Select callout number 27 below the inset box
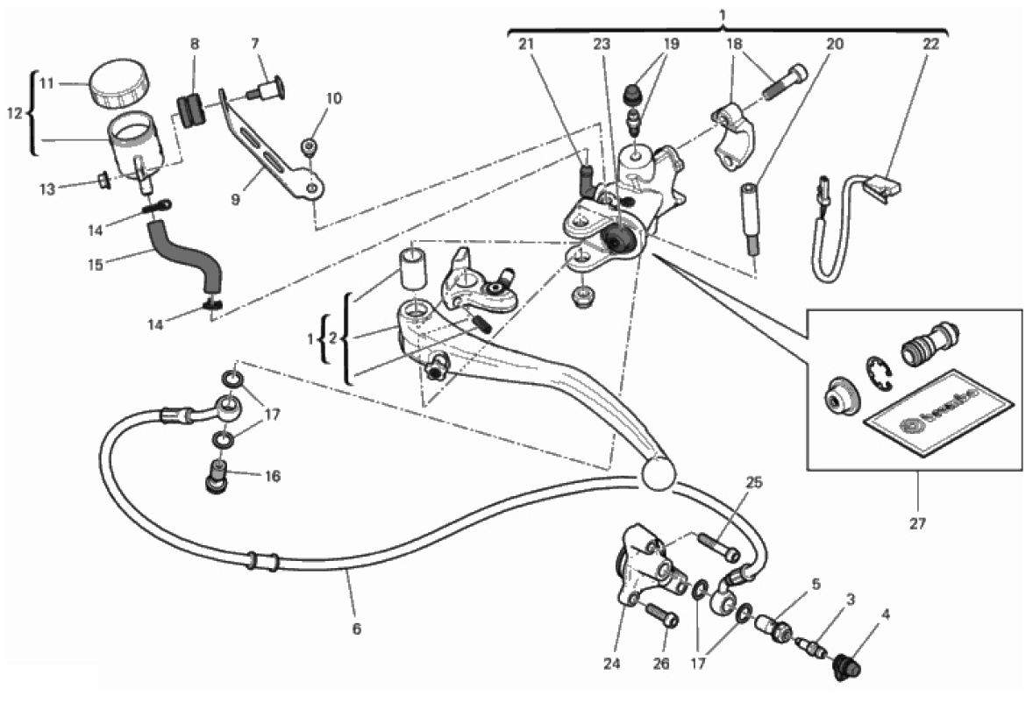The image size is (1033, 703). tap(917, 524)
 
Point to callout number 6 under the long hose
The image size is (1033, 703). tap(356, 628)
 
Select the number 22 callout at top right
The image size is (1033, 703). tap(931, 43)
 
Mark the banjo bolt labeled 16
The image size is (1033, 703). tap(215, 479)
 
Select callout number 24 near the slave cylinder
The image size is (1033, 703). tap(611, 664)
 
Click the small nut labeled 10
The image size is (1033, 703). tap(310, 147)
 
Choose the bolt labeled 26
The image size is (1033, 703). tap(662, 617)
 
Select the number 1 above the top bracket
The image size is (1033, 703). tap(723, 16)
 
